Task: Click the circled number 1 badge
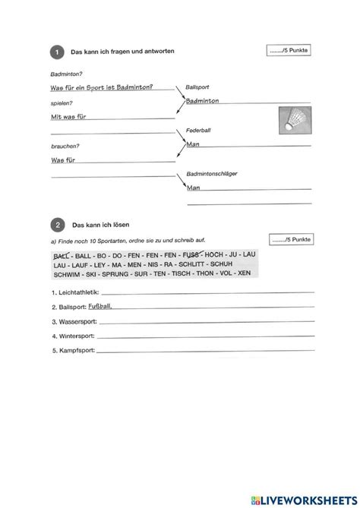(56, 52)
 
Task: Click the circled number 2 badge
(56, 226)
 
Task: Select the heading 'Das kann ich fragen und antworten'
(123, 52)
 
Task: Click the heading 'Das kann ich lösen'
(102, 226)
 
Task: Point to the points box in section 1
(289, 51)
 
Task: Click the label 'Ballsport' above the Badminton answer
(198, 89)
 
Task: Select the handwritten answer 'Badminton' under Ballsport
(203, 100)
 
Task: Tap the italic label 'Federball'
(198, 131)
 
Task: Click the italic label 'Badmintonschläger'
(213, 175)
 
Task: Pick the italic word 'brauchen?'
(65, 146)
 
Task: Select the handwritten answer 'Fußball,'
(100, 305)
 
